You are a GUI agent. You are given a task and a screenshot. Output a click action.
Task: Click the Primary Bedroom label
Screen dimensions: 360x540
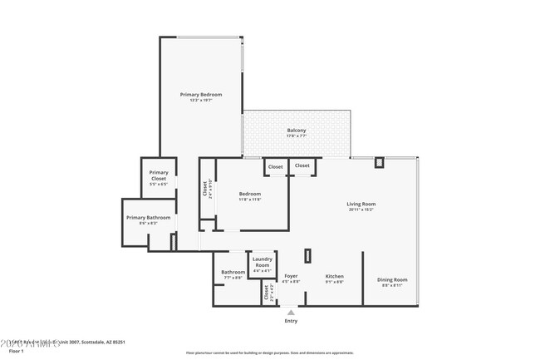pyautogui.click(x=201, y=95)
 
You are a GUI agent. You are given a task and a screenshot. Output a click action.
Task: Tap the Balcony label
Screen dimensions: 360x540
pyautogui.click(x=297, y=131)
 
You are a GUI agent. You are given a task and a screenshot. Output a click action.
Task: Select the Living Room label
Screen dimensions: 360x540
pyautogui.click(x=361, y=204)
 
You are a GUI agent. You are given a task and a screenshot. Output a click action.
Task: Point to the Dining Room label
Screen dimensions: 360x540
pyautogui.click(x=391, y=279)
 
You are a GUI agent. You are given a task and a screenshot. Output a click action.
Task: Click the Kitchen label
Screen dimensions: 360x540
pyautogui.click(x=334, y=276)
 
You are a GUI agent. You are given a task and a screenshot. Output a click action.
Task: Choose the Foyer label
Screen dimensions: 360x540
pyautogui.click(x=291, y=276)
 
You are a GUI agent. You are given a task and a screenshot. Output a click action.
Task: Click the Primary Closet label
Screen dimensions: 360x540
pyautogui.click(x=159, y=175)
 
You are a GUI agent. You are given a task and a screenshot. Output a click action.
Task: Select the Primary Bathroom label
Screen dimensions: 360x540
pyautogui.click(x=149, y=218)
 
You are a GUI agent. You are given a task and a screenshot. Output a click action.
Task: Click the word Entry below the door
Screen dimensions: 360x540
pyautogui.click(x=291, y=320)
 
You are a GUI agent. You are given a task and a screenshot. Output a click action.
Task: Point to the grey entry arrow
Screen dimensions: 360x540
pyautogui.click(x=291, y=312)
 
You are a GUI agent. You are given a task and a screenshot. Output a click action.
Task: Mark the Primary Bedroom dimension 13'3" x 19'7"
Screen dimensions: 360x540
pyautogui.click(x=201, y=101)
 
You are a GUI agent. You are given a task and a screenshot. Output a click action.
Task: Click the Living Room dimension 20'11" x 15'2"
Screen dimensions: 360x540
pyautogui.click(x=361, y=210)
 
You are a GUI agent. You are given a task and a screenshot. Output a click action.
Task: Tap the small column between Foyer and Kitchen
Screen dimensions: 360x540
pyautogui.click(x=307, y=256)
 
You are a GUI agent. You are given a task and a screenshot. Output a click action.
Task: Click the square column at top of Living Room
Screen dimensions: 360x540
pyautogui.click(x=380, y=162)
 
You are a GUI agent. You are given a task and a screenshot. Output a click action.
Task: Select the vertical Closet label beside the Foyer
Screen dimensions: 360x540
pyautogui.click(x=267, y=292)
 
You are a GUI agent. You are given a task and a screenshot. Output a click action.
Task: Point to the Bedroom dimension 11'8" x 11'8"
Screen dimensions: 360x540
pyautogui.click(x=250, y=200)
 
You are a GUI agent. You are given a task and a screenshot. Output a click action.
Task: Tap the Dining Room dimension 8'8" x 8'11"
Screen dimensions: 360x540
pyautogui.click(x=391, y=285)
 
